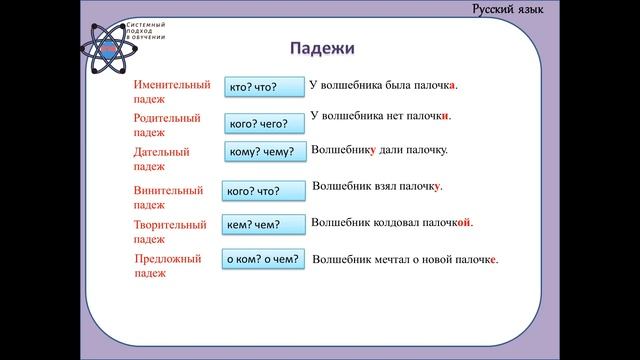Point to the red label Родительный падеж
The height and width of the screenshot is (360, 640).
[x=167, y=125]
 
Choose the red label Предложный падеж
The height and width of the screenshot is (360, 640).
[x=168, y=265]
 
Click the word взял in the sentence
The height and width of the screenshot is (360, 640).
[x=391, y=187]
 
